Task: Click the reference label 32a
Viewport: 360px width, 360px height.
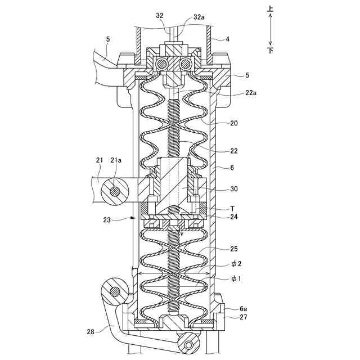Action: pos(199,17)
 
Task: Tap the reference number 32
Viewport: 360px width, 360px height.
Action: pos(160,16)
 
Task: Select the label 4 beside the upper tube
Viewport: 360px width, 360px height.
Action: pos(227,39)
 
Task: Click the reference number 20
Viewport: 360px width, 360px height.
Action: pos(234,123)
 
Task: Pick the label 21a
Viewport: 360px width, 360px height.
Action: pos(116,160)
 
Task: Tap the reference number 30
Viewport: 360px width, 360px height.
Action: pos(234,189)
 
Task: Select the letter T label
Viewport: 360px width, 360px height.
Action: pos(232,209)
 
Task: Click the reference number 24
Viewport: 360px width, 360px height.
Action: pos(234,217)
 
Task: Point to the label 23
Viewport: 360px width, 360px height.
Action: pos(107,220)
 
